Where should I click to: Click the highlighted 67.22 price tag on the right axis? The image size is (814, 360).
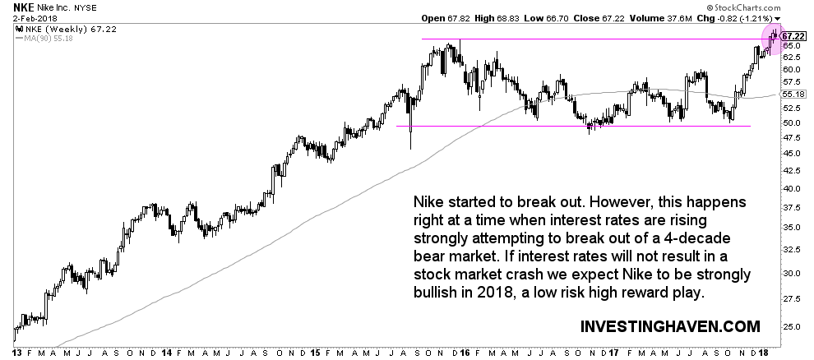point(793,36)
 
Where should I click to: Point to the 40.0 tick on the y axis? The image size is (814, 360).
point(791,189)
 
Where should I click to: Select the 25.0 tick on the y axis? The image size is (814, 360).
point(791,326)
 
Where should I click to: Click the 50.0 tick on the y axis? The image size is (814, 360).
point(791,122)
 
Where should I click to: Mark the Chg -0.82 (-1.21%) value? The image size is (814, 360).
point(736,19)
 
